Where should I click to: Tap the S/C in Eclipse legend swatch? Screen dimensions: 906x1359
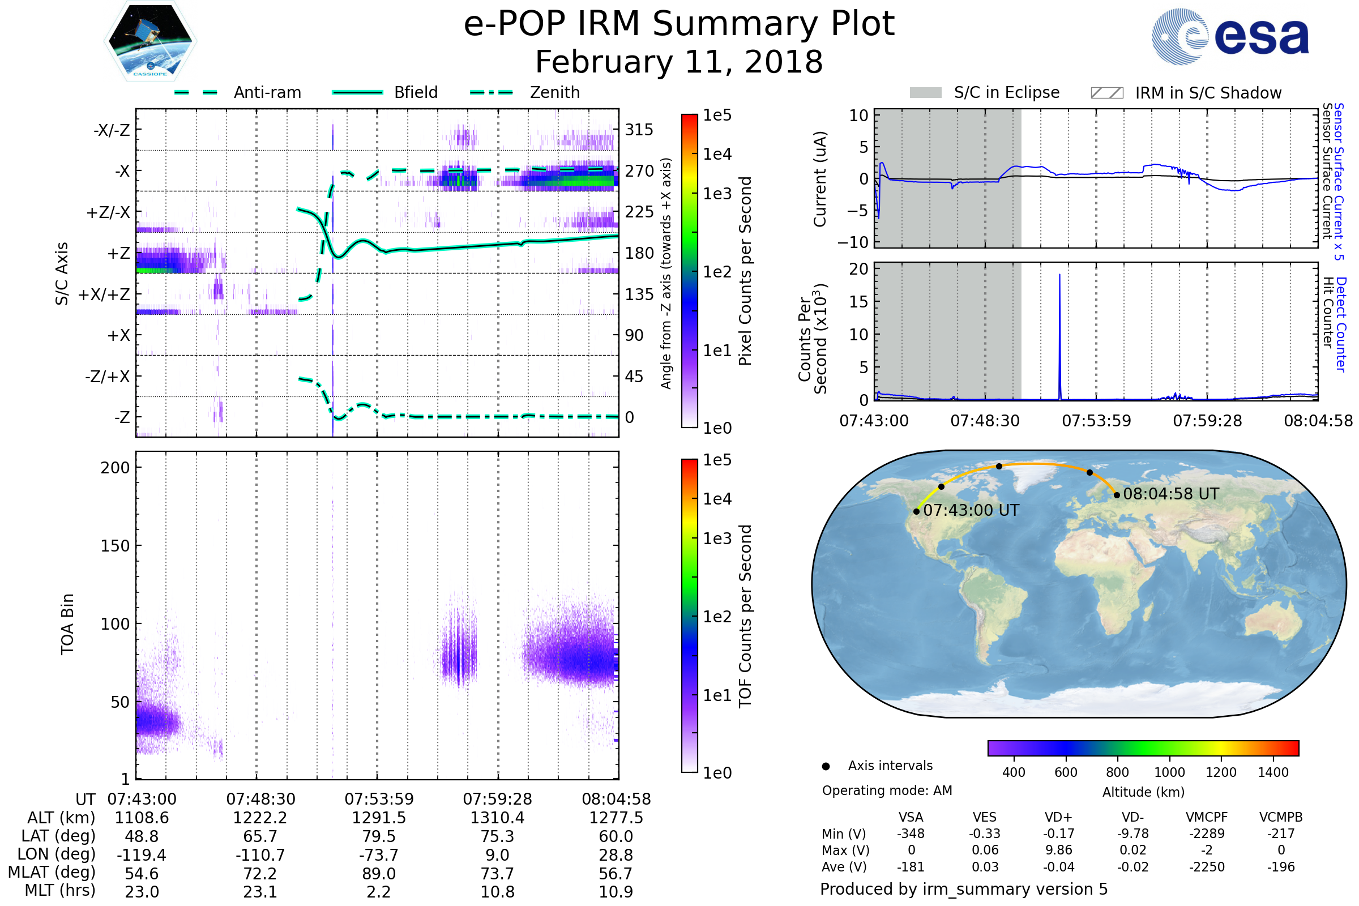click(x=926, y=93)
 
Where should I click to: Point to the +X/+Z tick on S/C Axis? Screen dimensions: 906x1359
click(x=104, y=294)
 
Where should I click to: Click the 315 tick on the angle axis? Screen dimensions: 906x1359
click(x=639, y=130)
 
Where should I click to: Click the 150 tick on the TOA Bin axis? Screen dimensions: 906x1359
click(x=115, y=546)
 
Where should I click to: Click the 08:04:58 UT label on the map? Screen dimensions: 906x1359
click(x=1170, y=494)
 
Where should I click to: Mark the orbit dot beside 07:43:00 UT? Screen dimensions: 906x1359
click(x=916, y=512)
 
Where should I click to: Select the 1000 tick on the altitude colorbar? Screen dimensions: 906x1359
click(x=1169, y=772)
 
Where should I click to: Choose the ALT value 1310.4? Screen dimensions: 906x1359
click(x=497, y=818)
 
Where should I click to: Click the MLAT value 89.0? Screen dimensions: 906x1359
click(x=378, y=874)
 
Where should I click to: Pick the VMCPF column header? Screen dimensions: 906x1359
click(x=1207, y=817)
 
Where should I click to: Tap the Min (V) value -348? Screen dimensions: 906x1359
click(x=911, y=834)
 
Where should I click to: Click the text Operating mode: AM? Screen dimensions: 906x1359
click(x=887, y=790)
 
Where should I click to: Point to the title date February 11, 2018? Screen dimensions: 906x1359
click(x=679, y=62)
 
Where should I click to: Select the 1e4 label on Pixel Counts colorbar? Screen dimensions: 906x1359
click(x=717, y=154)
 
